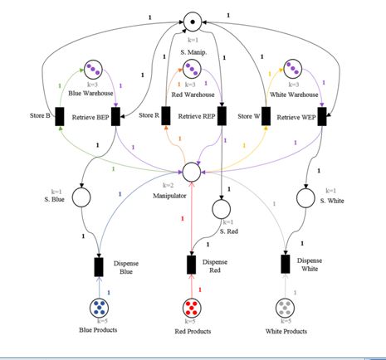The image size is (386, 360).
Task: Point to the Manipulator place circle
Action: coord(192,172)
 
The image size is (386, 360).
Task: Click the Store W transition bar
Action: coord(266,116)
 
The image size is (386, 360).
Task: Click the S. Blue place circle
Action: coord(81,197)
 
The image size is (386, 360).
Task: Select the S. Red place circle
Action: coord(221,209)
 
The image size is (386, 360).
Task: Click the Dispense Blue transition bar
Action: coord(99,266)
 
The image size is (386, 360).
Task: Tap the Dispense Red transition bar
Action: coord(192,265)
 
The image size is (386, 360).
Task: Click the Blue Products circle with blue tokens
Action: coord(100,308)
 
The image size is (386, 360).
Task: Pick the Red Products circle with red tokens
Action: coord(192,308)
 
